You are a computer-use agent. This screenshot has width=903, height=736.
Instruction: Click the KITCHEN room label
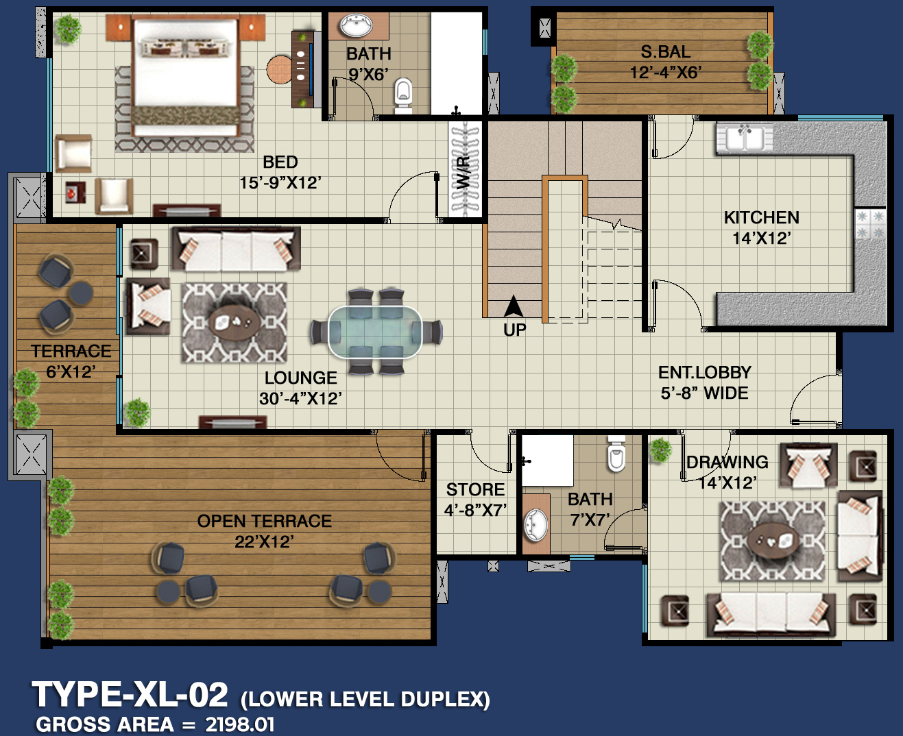click(761, 217)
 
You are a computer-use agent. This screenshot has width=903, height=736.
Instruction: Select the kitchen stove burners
click(870, 223)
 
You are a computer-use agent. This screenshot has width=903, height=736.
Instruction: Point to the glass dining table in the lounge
click(375, 332)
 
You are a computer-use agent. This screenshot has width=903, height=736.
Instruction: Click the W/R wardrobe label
click(463, 173)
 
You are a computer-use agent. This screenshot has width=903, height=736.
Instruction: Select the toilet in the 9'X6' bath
click(402, 96)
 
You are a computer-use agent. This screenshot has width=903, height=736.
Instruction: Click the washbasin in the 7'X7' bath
click(535, 525)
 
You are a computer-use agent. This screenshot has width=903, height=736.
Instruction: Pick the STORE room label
click(475, 489)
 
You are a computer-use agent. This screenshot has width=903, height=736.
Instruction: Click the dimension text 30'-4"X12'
click(300, 399)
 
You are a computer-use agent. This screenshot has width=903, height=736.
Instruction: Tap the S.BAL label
click(665, 52)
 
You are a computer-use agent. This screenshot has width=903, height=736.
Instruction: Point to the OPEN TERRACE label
click(264, 521)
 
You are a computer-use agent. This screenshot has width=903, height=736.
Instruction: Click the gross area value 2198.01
click(239, 724)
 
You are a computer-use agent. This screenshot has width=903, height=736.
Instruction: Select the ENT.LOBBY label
click(704, 372)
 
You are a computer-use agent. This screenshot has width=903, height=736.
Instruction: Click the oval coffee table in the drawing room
click(773, 540)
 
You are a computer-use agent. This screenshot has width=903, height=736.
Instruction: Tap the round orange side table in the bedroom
click(279, 69)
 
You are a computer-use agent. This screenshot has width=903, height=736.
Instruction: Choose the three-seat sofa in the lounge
click(237, 249)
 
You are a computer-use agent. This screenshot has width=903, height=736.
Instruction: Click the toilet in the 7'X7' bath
click(616, 454)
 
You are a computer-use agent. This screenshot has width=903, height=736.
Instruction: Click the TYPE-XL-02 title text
click(130, 694)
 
